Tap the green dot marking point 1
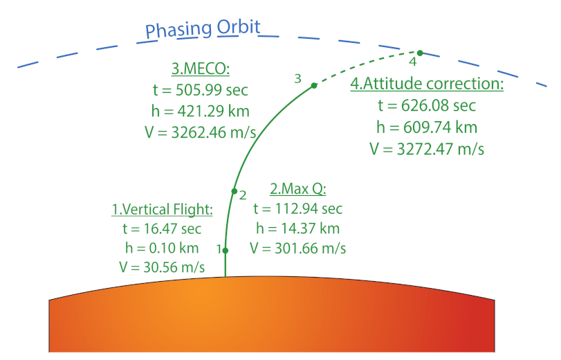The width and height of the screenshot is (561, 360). [x=226, y=250]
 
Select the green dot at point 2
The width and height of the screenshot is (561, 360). [x=234, y=190]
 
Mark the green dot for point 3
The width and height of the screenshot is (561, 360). [x=314, y=85]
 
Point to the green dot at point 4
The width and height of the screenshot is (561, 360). [x=420, y=53]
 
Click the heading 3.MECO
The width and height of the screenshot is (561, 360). [x=200, y=69]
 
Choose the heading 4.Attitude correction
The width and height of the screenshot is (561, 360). [x=427, y=85]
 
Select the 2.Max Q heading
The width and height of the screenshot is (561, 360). [x=297, y=189]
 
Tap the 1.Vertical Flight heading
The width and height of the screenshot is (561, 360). [x=163, y=209]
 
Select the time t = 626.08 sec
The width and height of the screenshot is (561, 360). [x=427, y=106]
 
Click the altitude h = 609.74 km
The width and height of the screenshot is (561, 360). [x=427, y=127]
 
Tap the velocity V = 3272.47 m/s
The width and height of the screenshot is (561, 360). [x=427, y=147]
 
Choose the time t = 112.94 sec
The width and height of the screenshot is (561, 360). [x=297, y=208]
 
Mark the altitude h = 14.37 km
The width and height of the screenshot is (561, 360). [x=297, y=228]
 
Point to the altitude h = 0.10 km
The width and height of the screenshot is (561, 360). [x=163, y=248]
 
